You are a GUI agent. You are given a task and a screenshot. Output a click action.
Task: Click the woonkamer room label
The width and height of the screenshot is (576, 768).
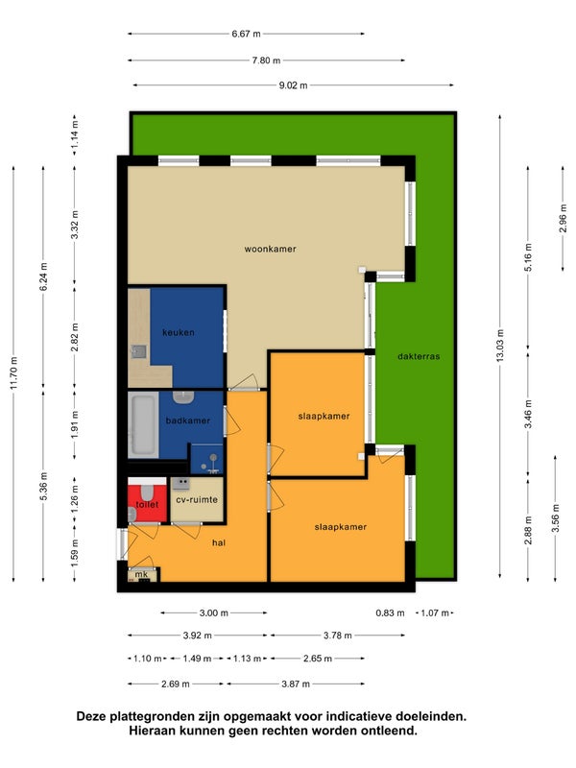point(271,249)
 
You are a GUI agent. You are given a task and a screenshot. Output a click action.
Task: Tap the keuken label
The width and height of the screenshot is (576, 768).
point(179,332)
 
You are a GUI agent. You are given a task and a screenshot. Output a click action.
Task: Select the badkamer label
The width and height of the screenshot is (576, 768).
point(187,420)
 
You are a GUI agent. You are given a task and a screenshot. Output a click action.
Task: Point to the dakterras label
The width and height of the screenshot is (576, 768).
point(419,356)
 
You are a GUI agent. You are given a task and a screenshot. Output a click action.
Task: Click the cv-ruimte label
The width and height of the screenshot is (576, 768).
point(197,500)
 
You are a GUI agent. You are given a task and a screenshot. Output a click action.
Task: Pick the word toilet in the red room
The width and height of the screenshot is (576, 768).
point(147,505)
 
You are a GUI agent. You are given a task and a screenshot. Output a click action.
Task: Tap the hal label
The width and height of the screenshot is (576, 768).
point(219,542)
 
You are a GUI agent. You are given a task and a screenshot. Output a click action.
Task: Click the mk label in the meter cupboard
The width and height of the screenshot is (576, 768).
point(141,574)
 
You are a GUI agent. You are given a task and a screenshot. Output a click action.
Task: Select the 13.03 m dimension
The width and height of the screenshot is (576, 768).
point(499,347)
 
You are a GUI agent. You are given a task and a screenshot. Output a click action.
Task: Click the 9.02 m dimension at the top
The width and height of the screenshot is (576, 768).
point(294,85)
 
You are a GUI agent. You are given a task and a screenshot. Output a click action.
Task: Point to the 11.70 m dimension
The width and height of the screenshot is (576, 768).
point(13,373)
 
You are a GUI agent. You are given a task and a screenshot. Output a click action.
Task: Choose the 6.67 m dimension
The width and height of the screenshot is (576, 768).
point(247,34)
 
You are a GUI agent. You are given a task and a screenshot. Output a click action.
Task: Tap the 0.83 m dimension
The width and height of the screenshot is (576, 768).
point(391,612)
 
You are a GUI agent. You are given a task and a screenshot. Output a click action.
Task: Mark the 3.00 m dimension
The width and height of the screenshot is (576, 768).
point(213,612)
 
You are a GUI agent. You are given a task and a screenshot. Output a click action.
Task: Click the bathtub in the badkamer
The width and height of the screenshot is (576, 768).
point(143,424)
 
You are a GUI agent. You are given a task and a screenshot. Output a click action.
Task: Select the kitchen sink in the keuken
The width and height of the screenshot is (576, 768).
point(139,351)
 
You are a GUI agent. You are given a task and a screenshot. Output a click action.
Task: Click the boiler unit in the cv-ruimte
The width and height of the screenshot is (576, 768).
point(180,484)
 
